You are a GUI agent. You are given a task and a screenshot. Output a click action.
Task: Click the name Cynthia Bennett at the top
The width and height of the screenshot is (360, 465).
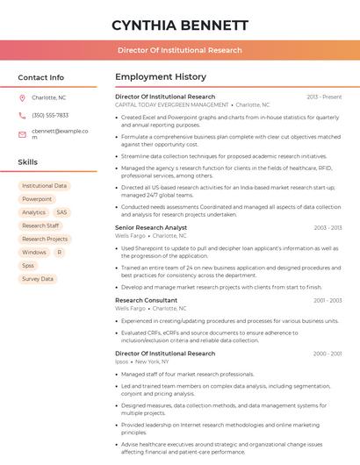(180, 25)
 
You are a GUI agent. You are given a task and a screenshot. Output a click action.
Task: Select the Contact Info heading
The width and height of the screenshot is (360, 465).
(41, 77)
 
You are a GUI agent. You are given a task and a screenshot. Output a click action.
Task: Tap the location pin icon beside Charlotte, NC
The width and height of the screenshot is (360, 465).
(22, 97)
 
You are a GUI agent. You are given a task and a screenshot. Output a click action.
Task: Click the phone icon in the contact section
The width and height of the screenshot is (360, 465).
(22, 115)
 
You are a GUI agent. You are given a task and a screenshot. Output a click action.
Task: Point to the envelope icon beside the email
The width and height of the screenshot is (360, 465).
(22, 134)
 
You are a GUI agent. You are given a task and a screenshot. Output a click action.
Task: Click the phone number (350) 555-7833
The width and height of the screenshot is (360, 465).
(50, 115)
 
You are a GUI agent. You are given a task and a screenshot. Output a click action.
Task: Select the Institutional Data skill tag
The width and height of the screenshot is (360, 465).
(44, 186)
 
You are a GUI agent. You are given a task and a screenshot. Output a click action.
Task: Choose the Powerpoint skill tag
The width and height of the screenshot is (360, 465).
(37, 199)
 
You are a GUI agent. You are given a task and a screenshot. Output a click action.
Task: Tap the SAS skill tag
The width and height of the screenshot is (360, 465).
(61, 212)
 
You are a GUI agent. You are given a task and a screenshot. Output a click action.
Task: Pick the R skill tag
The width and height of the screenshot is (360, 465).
(59, 252)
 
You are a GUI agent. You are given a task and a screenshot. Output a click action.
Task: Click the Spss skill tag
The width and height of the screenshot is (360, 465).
(28, 265)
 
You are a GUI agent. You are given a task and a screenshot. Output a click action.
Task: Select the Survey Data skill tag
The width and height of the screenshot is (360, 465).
(37, 279)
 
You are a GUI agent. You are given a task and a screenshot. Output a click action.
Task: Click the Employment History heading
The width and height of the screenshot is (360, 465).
(161, 77)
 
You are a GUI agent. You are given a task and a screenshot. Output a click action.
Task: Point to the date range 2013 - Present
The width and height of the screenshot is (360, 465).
(324, 97)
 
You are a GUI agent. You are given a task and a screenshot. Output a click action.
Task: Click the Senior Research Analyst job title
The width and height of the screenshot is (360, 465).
(151, 227)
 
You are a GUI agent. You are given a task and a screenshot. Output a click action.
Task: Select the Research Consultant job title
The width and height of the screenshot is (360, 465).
(146, 300)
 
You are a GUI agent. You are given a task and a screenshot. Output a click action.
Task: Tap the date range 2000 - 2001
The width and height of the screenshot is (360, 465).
(328, 354)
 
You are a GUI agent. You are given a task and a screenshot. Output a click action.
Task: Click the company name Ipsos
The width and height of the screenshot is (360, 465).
(121, 361)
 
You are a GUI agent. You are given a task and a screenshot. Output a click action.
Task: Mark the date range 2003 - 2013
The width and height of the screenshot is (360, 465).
(328, 227)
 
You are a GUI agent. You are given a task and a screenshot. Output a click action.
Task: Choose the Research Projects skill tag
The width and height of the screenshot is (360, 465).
(45, 239)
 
